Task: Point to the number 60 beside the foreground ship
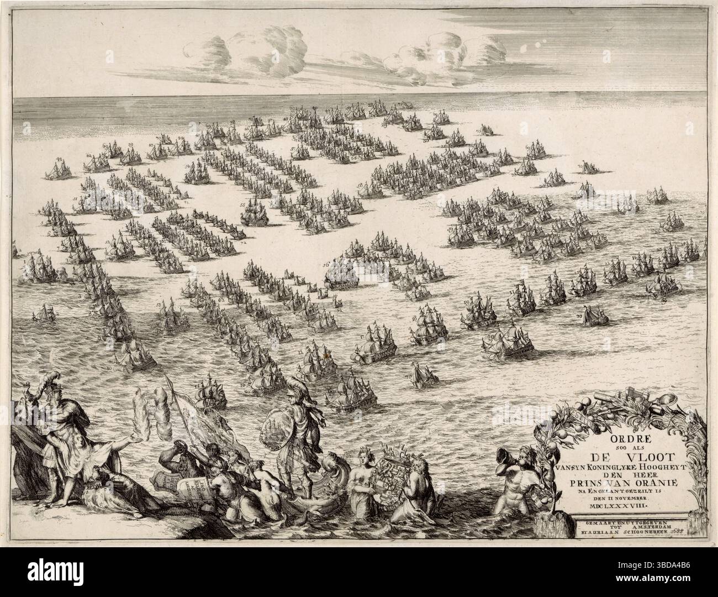coord(491,337)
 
